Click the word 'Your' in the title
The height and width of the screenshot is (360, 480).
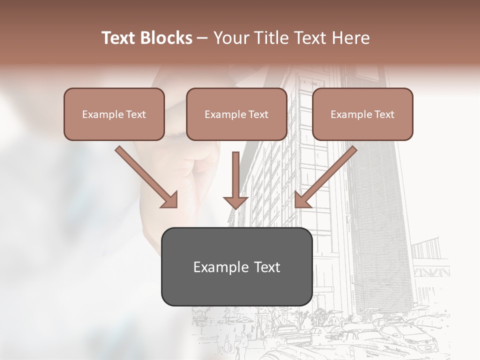pyautogui.click(x=230, y=38)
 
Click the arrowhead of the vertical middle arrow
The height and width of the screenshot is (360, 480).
pyautogui.click(x=235, y=202)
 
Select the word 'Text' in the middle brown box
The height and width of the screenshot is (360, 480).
pyautogui.click(x=258, y=114)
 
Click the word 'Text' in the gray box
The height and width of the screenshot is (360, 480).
pyautogui.click(x=267, y=267)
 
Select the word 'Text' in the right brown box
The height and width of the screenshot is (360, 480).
pyautogui.click(x=384, y=114)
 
